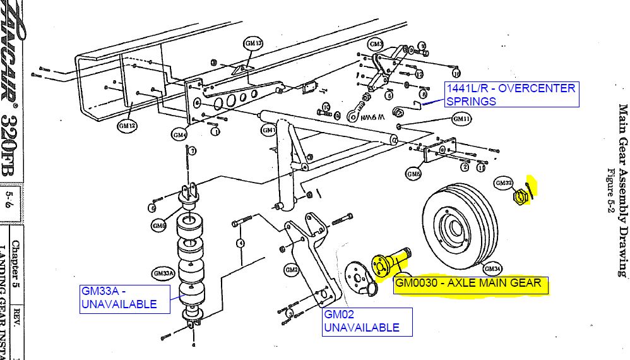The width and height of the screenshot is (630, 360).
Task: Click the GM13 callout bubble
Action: click(x=253, y=44)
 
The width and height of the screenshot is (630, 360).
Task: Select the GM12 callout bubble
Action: click(x=128, y=126)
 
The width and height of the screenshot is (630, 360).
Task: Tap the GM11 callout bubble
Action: click(x=461, y=119)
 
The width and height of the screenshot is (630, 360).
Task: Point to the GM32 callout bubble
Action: click(x=502, y=183)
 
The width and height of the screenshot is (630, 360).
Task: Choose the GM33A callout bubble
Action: click(x=162, y=273)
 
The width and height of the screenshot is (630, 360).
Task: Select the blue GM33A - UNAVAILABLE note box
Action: click(x=126, y=298)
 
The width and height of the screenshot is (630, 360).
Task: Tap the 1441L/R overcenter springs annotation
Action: click(x=511, y=95)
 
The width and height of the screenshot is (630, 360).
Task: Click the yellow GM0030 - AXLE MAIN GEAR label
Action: click(x=470, y=284)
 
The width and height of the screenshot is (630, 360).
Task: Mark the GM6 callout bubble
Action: click(x=414, y=174)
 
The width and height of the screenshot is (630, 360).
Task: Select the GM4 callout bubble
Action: click(x=180, y=135)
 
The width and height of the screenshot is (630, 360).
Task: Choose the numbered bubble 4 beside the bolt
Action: click(x=241, y=243)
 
